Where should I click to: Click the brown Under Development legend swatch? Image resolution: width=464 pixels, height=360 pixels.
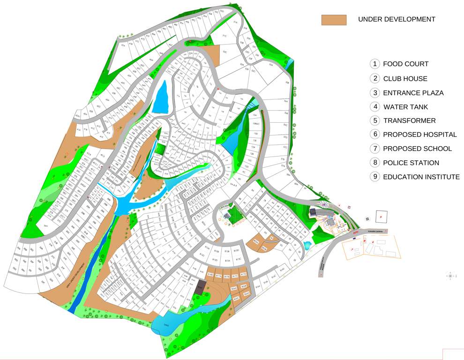334,20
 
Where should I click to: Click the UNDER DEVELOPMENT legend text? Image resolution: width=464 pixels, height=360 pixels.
397,19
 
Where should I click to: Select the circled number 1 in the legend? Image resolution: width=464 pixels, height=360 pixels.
374,64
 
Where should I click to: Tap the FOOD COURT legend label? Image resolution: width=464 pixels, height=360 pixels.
406,64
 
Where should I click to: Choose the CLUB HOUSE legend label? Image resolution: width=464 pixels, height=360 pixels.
405,78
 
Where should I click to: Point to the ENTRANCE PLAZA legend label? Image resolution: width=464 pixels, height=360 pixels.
413,93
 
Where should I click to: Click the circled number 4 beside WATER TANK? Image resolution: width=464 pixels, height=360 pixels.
374,107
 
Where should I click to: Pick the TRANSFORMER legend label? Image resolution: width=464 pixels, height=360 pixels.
410,120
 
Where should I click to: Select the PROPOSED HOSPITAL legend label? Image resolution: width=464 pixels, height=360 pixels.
420,135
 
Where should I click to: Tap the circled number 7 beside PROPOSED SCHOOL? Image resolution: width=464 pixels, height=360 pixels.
374,149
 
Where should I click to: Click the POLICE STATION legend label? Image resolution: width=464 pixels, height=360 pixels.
411,163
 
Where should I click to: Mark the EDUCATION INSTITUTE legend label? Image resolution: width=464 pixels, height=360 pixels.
421,177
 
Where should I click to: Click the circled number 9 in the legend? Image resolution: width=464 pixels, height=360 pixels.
374,177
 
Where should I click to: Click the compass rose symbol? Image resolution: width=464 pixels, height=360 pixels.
450,276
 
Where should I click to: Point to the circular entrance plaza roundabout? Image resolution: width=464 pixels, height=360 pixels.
324,204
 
